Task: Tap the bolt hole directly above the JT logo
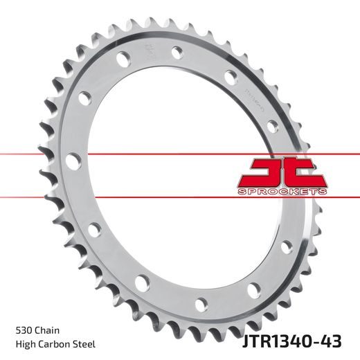pyautogui.click(x=271, y=125)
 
